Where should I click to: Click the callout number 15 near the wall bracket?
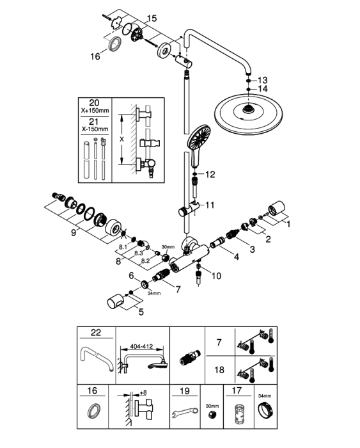(x=152, y=19)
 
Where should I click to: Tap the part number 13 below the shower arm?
(x=263, y=80)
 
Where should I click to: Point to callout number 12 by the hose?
(x=210, y=174)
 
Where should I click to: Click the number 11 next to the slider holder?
(x=210, y=205)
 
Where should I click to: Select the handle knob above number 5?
(x=116, y=303)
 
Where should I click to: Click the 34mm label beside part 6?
(x=154, y=293)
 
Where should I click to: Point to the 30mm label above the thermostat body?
(x=168, y=247)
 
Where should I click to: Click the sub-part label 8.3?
(x=139, y=253)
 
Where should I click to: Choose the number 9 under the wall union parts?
(x=74, y=232)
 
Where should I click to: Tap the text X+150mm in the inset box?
(x=95, y=110)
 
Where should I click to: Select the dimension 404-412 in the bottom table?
(x=141, y=347)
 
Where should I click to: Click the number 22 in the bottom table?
(x=96, y=332)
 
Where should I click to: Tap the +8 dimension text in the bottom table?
(x=143, y=392)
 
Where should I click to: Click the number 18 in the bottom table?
(x=219, y=370)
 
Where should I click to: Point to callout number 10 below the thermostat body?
(x=216, y=276)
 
